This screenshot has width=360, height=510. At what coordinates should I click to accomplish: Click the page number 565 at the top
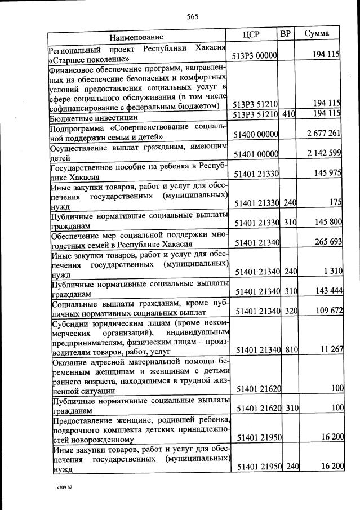(x=193, y=16)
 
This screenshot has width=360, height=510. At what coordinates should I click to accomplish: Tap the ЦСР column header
(x=251, y=34)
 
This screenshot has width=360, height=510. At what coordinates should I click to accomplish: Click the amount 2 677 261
(x=322, y=133)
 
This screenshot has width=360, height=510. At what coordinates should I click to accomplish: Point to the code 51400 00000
(x=256, y=134)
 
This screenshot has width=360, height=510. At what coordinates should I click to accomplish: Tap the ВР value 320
(x=291, y=311)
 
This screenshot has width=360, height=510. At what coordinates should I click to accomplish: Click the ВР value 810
(x=291, y=350)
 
